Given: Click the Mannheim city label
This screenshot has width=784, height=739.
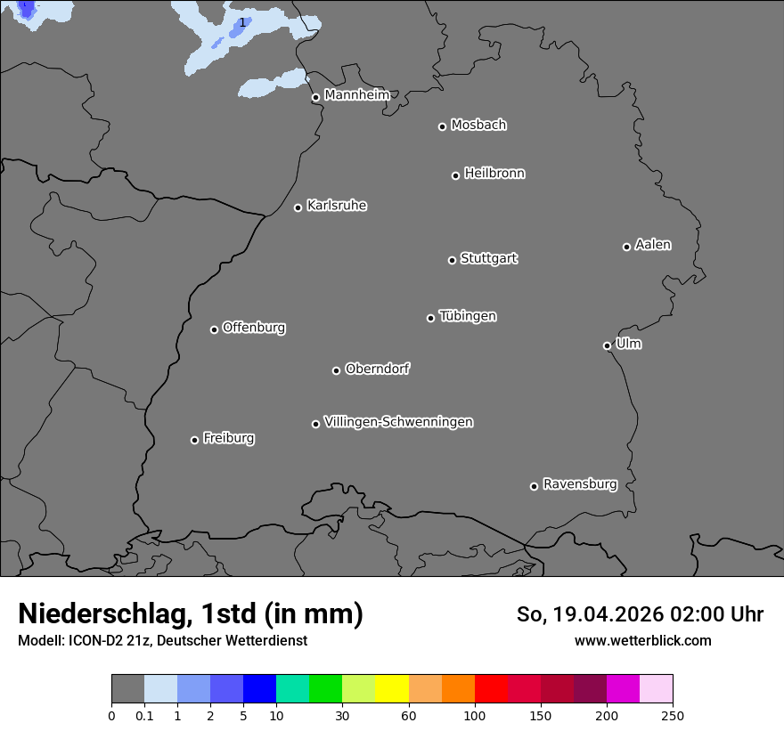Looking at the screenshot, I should [x=356, y=94].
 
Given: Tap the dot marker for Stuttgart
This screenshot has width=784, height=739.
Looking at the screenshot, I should [x=452, y=260].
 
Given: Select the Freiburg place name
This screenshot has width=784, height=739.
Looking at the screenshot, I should [x=229, y=438].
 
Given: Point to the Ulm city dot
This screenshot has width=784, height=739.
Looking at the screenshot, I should [x=607, y=345].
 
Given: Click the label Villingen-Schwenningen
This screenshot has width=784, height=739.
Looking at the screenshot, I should [x=398, y=422].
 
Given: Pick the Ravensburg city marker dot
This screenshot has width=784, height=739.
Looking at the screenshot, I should [x=534, y=486].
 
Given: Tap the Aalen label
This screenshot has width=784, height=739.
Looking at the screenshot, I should [x=653, y=245].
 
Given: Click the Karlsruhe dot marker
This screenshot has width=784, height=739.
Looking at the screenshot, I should [x=298, y=207].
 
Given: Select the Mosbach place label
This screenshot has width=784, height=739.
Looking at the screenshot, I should [x=478, y=125].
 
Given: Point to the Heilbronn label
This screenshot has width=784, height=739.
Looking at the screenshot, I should [x=494, y=173].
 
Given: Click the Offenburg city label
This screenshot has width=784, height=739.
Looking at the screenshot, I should [x=254, y=328].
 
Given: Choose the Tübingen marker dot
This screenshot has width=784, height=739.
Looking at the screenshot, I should [x=430, y=318].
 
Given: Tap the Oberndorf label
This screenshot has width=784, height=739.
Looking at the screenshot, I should [x=378, y=369].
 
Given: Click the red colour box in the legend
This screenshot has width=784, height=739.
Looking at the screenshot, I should [x=491, y=689].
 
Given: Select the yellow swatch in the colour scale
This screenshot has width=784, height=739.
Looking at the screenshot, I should [x=392, y=689].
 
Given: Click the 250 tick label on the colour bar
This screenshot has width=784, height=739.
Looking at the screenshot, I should [x=673, y=714].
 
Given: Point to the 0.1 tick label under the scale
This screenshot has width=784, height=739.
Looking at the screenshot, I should [x=144, y=714].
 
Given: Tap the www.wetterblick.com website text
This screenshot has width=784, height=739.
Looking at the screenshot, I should [x=642, y=640].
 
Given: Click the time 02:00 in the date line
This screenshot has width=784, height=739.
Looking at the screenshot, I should [x=682, y=614].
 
